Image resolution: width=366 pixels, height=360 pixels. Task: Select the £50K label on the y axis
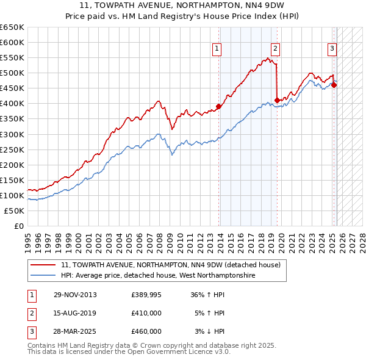tap(15, 211)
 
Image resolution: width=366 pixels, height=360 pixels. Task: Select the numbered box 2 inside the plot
tap(276, 49)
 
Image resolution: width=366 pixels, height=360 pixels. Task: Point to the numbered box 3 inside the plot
tap(332, 49)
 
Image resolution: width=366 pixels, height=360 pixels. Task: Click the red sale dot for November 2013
tap(219, 107)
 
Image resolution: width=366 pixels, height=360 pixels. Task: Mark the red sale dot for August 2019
tap(277, 100)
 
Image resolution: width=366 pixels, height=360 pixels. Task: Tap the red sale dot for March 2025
tap(334, 85)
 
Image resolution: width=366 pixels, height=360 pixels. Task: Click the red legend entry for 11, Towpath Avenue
tap(170, 265)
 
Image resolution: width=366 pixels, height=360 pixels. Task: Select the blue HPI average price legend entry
tap(158, 276)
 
